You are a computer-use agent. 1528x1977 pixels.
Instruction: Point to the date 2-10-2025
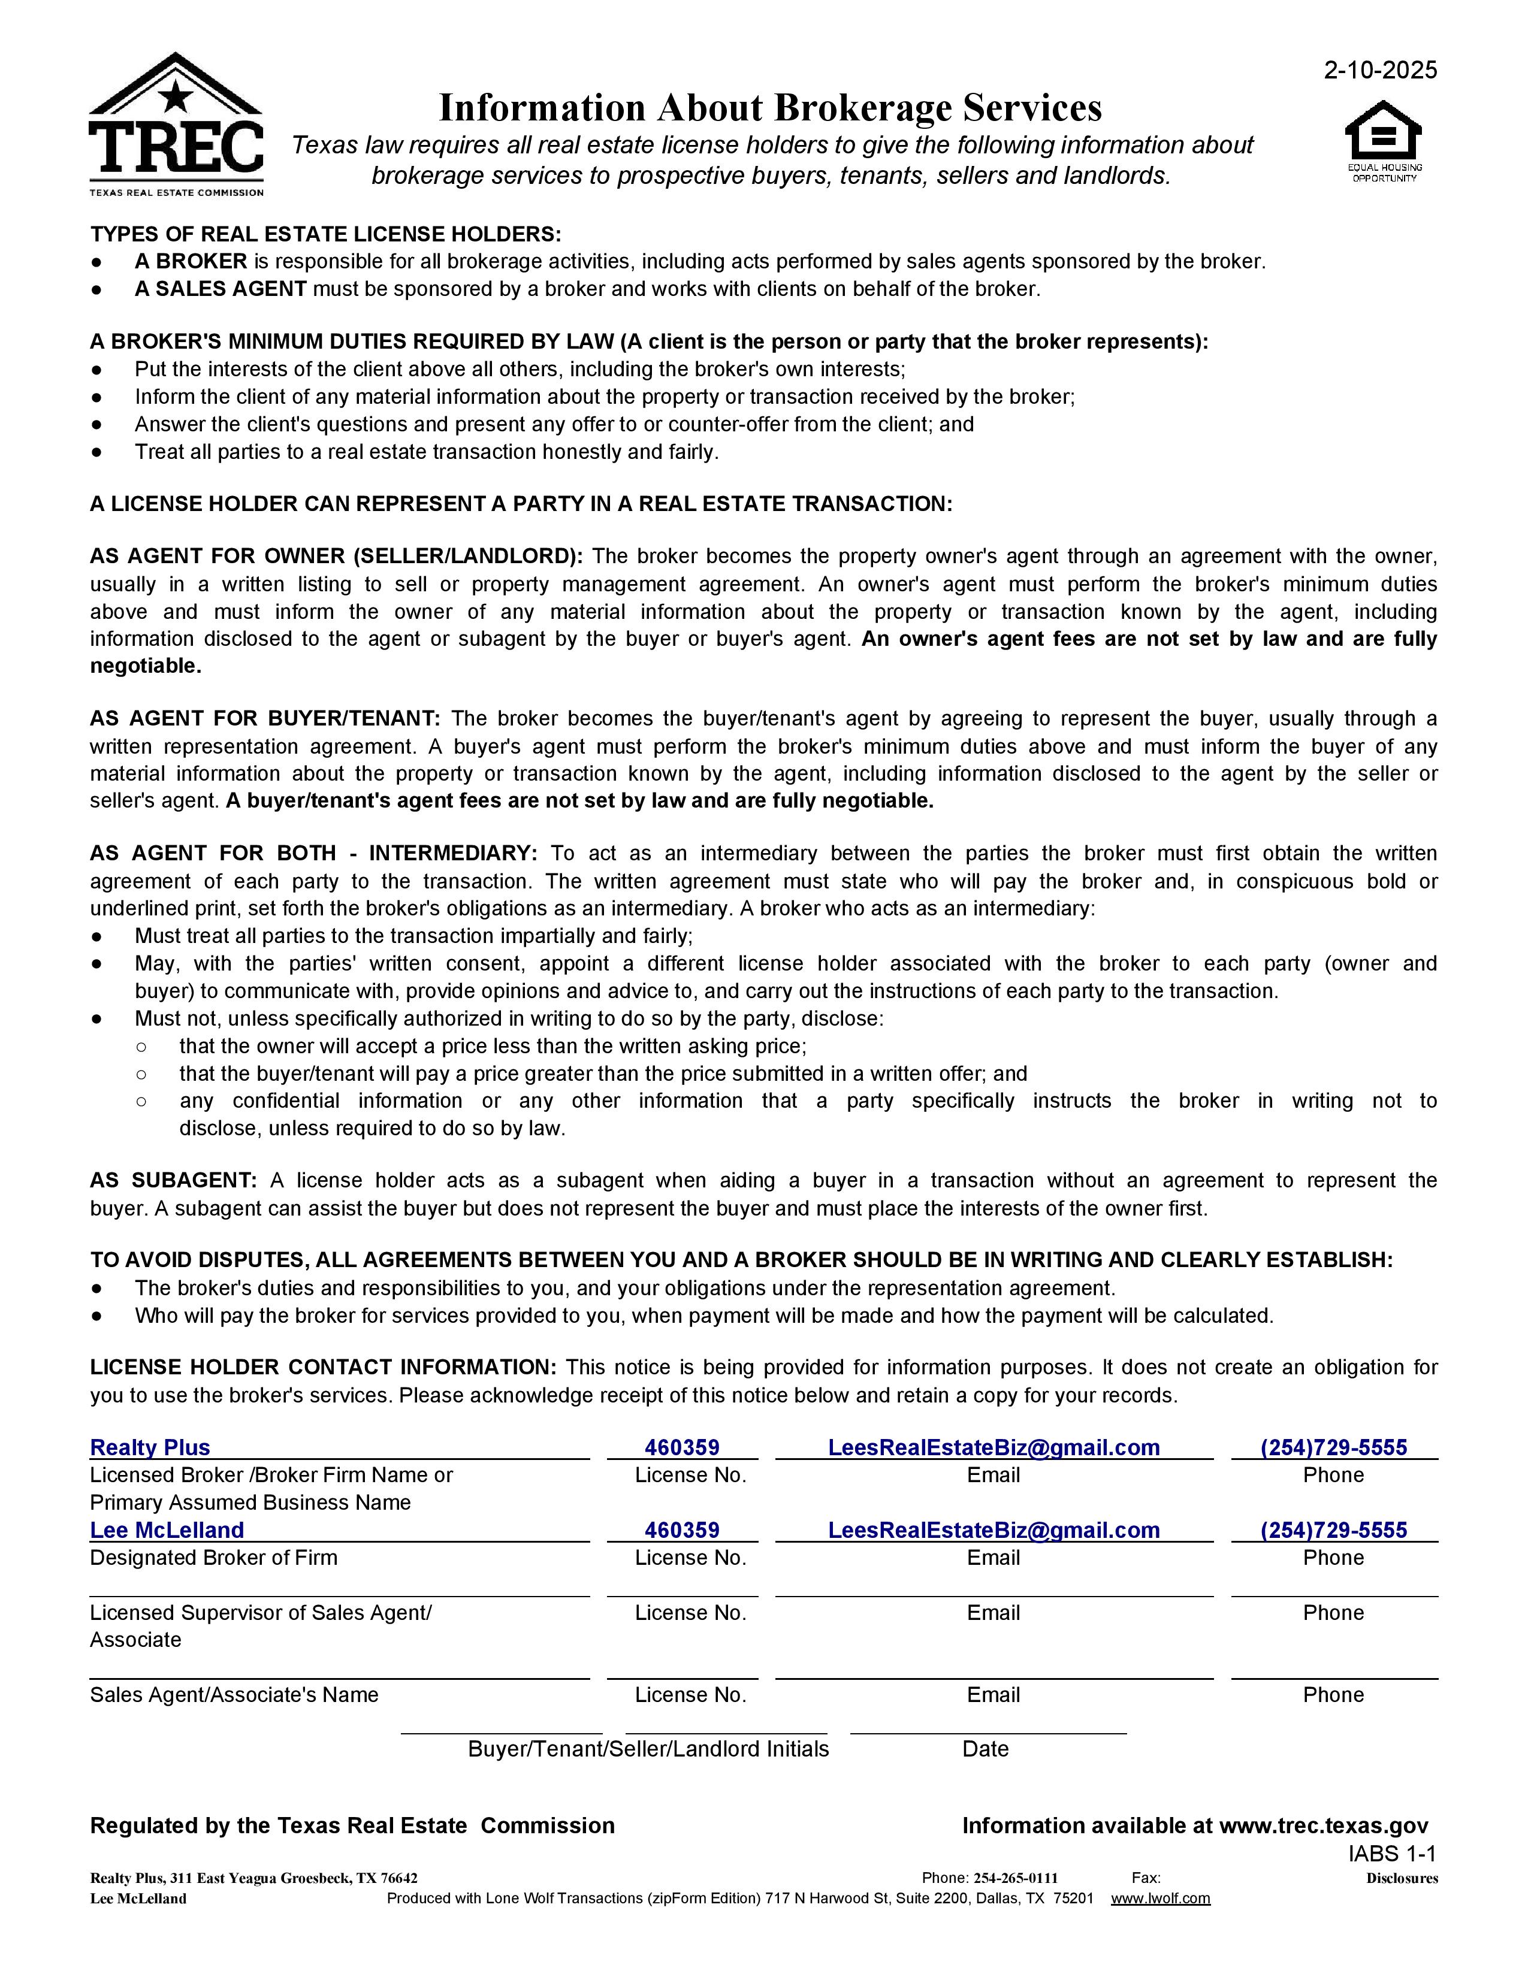point(1379,71)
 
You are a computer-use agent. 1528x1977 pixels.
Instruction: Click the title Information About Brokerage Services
point(771,108)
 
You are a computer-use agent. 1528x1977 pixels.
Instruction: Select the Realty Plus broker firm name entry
point(150,1447)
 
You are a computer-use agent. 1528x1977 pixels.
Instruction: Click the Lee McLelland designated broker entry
point(167,1530)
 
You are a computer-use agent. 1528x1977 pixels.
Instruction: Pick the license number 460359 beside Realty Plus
point(682,1447)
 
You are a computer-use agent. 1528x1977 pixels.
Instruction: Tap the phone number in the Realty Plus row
point(1333,1447)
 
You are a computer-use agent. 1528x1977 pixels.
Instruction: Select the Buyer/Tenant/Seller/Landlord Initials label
point(648,1749)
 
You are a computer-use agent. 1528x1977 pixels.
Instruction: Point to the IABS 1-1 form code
point(1391,1853)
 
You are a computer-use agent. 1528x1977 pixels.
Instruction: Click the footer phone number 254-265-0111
point(1016,1878)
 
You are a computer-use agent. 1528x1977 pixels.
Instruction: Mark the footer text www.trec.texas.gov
point(1324,1826)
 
